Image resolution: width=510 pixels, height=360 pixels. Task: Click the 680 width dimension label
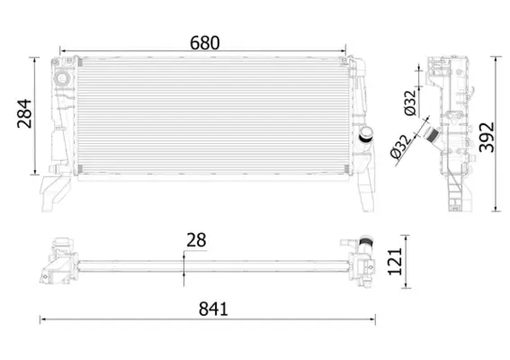(x=205, y=42)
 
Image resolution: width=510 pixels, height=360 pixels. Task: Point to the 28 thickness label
(x=197, y=240)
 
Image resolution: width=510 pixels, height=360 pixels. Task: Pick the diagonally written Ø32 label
(x=401, y=147)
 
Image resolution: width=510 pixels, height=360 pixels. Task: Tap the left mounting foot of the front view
(x=55, y=189)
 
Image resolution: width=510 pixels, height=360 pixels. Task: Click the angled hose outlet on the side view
(x=433, y=139)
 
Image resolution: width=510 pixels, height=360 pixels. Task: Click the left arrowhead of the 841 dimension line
(x=41, y=319)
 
